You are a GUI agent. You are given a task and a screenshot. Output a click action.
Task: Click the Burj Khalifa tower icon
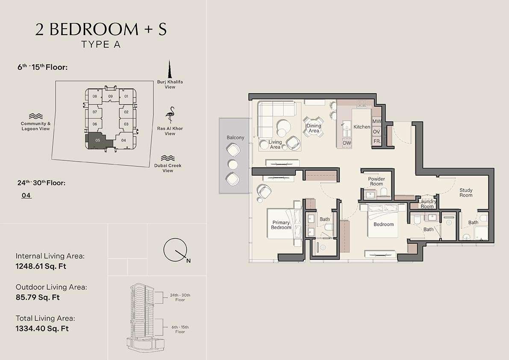click(169, 69)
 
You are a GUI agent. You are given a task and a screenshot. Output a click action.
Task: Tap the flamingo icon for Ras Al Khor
click(170, 115)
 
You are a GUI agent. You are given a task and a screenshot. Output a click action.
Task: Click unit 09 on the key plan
click(110, 96)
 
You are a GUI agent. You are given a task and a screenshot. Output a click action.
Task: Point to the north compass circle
click(174, 250)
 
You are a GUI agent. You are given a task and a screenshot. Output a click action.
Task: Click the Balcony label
click(235, 138)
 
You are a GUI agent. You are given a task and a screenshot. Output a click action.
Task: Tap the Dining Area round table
click(314, 128)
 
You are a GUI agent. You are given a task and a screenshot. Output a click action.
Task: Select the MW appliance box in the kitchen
click(377, 121)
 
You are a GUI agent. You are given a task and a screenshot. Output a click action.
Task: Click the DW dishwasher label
click(347, 143)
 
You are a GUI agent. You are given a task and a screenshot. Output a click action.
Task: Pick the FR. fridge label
click(377, 141)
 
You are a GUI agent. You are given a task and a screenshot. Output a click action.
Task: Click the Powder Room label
click(377, 181)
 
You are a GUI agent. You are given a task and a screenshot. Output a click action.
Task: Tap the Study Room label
click(466, 192)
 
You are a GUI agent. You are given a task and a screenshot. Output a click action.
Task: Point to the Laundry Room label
click(427, 204)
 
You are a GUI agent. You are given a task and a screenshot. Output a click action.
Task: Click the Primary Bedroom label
click(281, 225)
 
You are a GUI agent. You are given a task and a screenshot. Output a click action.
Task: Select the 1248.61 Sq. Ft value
click(41, 266)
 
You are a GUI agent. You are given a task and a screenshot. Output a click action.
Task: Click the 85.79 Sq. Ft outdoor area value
click(38, 297)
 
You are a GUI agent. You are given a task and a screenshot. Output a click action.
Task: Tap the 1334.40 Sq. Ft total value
click(42, 328)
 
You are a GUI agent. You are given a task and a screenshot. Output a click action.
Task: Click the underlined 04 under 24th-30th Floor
click(26, 195)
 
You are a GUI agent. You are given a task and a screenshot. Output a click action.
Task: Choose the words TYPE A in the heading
click(101, 44)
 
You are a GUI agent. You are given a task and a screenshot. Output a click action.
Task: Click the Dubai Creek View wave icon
click(168, 158)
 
